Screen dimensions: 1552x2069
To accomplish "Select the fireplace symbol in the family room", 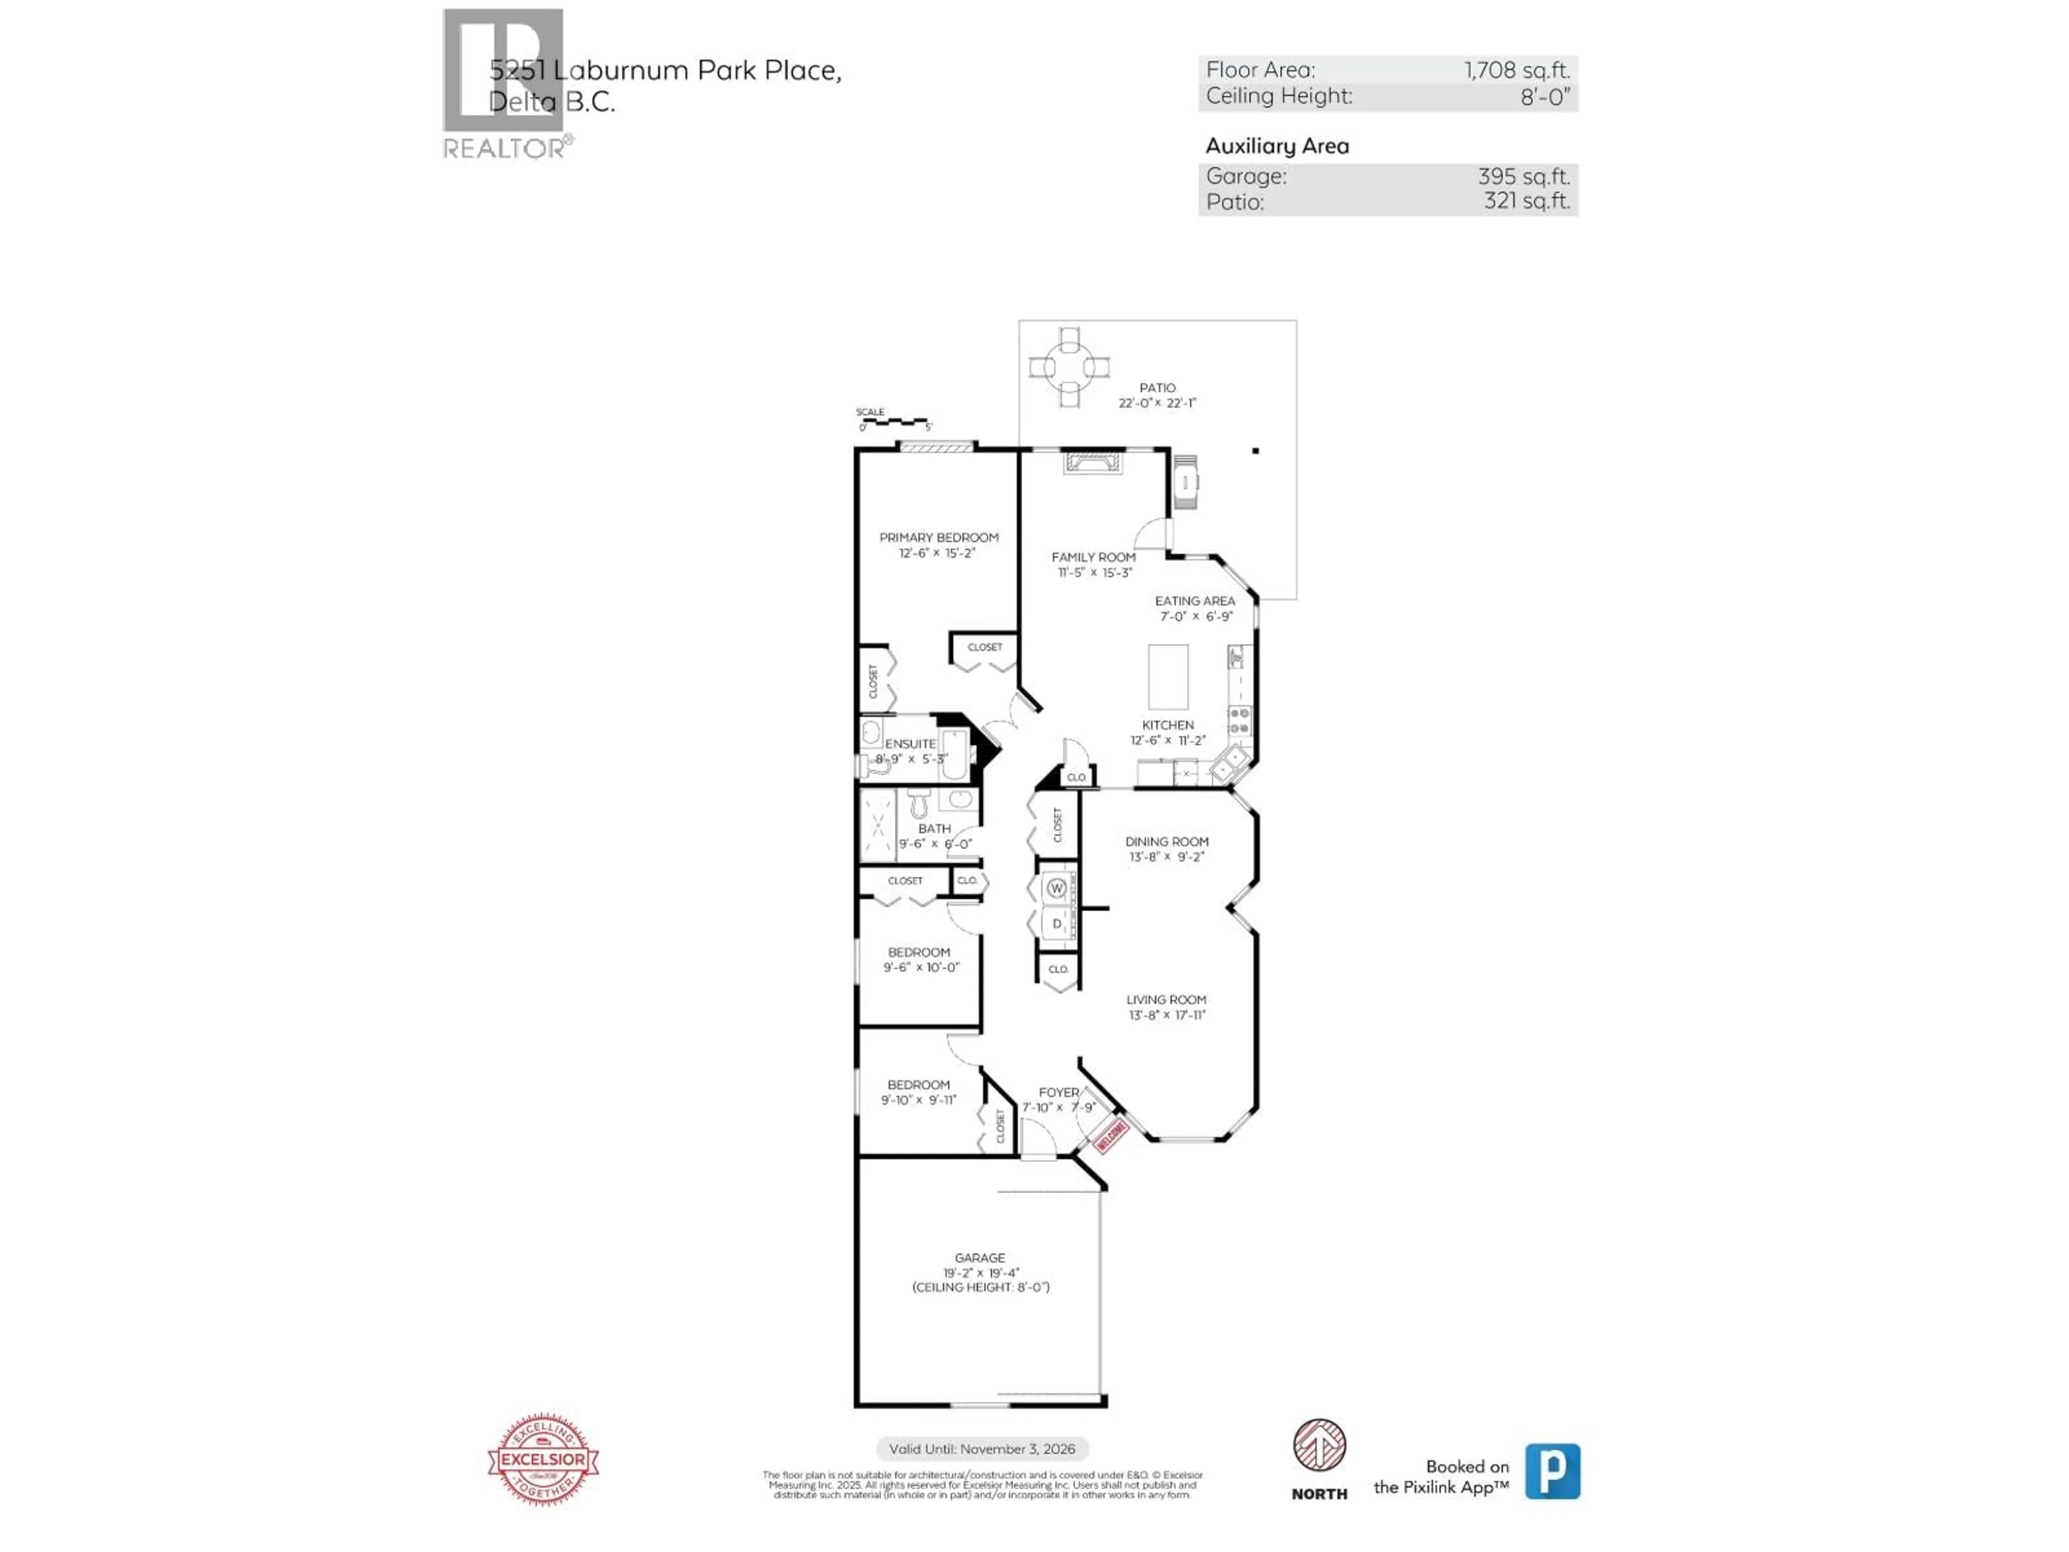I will tap(1093, 463).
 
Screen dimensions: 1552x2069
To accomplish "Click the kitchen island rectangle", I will tap(1168, 676).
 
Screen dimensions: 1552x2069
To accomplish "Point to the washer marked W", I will tap(1056, 888).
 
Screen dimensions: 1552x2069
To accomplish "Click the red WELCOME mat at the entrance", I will tap(1111, 1135).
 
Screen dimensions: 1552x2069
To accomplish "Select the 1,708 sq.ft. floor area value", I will tap(1516, 70).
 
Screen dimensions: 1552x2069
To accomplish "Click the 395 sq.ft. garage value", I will tap(1523, 176).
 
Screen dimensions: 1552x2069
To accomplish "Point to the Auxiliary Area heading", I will tap(1277, 146).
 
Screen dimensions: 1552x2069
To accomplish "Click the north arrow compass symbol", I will tap(1319, 1445).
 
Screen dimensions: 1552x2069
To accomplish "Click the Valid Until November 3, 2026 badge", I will tap(981, 1448).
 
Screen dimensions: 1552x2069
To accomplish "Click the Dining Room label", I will tap(1167, 841).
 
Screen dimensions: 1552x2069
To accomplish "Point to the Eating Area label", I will tap(1195, 601).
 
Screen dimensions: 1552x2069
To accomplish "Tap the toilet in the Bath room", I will tap(919, 802).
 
